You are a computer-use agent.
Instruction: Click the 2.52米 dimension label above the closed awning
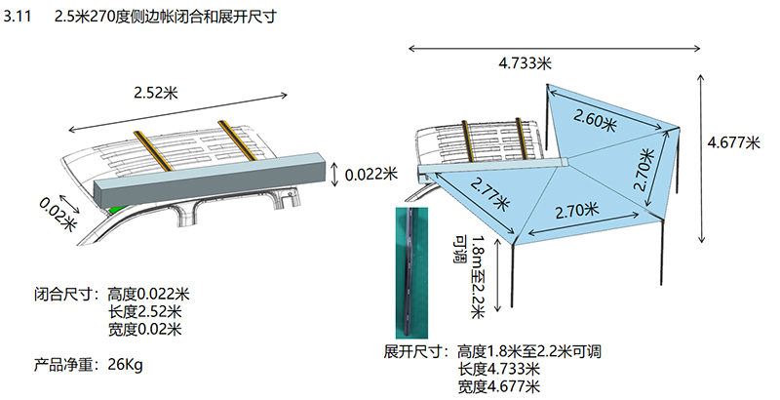pos(155,93)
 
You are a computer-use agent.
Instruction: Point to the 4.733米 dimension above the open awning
pos(525,63)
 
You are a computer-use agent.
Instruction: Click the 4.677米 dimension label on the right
pos(732,142)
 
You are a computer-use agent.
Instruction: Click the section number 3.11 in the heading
pos(19,17)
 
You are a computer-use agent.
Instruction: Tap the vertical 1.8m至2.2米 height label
pos(478,274)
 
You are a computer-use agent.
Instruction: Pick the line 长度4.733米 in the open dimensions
pos(498,369)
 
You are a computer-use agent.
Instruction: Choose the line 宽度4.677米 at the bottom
pos(498,386)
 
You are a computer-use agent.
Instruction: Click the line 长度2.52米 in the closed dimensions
pos(145,312)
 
